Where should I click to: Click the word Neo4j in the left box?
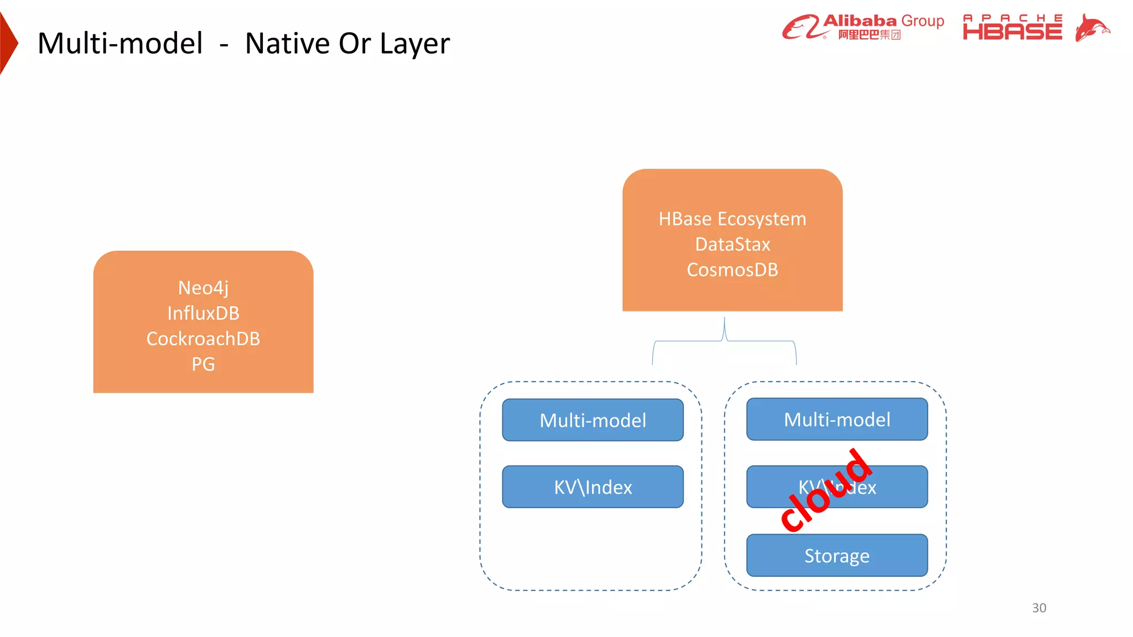coord(203,288)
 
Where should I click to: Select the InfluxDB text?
coord(203,313)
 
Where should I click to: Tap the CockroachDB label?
coord(203,338)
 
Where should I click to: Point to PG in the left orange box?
coord(203,364)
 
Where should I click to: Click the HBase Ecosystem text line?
coord(732,219)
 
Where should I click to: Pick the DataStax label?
coord(732,244)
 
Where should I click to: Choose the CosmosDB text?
coord(732,270)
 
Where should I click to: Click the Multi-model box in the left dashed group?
coord(593,420)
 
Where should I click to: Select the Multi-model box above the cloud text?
coord(836,419)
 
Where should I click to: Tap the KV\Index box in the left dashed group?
coord(593,487)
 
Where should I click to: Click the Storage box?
coord(836,556)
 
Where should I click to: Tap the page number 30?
coord(1038,608)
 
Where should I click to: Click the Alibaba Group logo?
coord(863,27)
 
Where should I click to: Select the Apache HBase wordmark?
coord(1012,28)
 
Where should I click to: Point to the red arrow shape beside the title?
coord(8,43)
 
